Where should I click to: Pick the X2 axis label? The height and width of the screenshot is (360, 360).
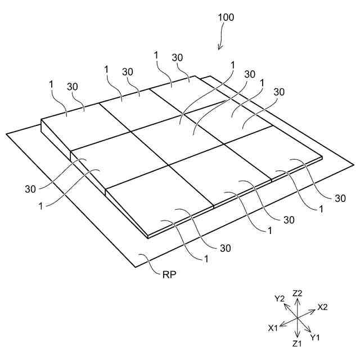pyautogui.click(x=322, y=307)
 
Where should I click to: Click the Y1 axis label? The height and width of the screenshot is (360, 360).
pyautogui.click(x=315, y=337)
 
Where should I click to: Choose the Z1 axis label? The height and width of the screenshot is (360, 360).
pyautogui.click(x=297, y=343)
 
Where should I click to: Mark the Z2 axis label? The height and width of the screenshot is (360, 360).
pyautogui.click(x=298, y=293)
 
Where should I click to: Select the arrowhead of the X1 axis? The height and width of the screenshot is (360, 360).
pyautogui.click(x=281, y=325)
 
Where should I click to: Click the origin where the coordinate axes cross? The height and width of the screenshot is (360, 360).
pyautogui.click(x=297, y=319)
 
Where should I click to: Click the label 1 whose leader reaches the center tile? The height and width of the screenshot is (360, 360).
pyautogui.click(x=232, y=65)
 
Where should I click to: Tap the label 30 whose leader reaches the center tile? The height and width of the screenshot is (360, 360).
pyautogui.click(x=249, y=74)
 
